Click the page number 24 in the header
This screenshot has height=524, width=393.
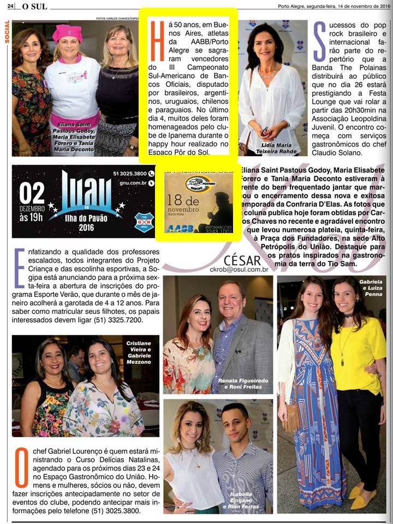(10, 6)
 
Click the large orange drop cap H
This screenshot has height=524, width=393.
(158, 41)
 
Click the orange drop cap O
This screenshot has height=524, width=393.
(21, 468)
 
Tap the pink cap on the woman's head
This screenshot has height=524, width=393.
(67, 33)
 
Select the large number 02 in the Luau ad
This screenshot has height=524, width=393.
(32, 194)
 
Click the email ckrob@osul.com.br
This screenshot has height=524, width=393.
(239, 269)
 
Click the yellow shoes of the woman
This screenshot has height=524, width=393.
(361, 496)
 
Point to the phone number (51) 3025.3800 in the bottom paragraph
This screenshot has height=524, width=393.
(112, 511)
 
